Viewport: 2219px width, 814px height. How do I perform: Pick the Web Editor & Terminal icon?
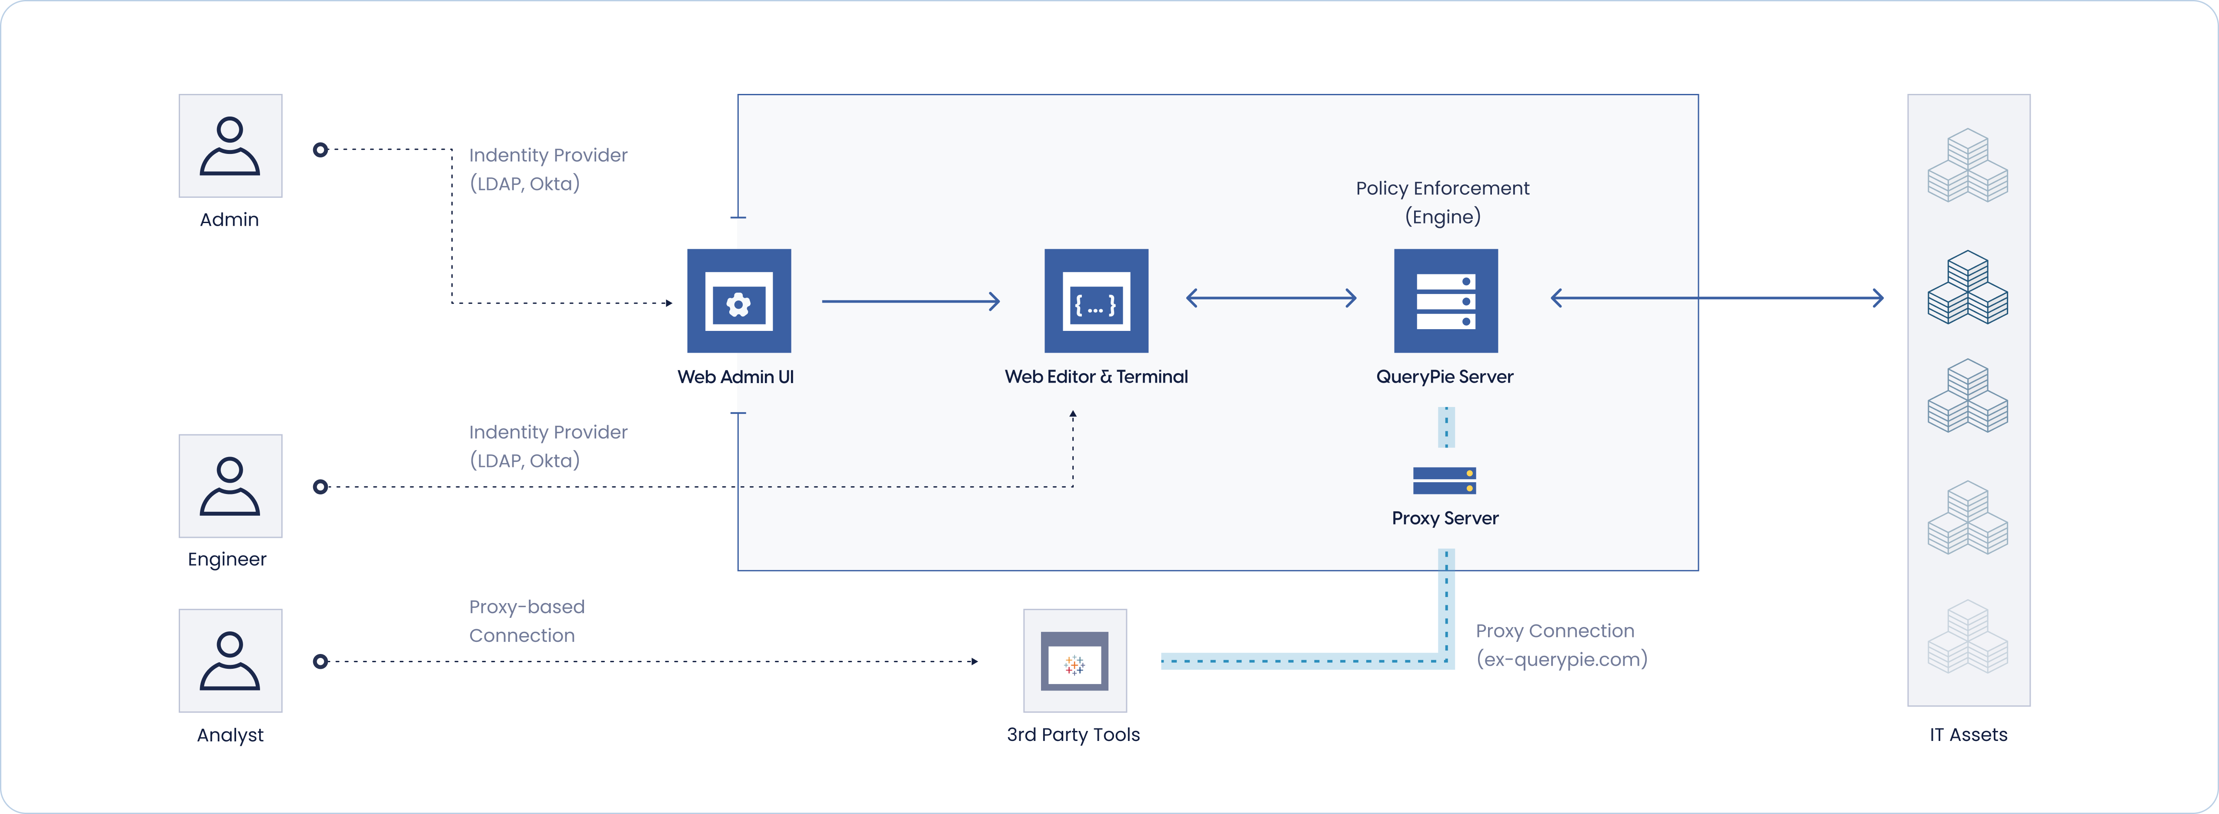coord(1096,301)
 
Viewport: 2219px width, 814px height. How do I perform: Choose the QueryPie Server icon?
coord(1445,301)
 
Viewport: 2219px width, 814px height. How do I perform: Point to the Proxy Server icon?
coord(1445,480)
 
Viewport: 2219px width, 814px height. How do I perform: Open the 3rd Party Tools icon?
coord(1074,661)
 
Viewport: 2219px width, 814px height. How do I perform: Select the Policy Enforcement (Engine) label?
coord(1443,202)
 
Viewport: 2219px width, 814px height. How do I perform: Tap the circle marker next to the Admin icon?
coord(320,150)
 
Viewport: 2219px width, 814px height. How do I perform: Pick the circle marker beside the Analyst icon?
coord(320,661)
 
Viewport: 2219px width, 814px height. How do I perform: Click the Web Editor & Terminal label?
coord(1096,377)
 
